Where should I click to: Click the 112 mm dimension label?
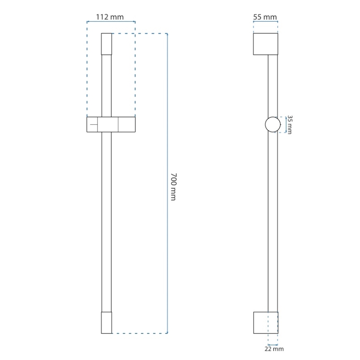pos(110,17)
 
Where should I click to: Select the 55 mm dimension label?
pos(265,17)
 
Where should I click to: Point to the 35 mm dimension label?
pos(289,124)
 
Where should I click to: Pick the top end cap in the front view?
pos(107,44)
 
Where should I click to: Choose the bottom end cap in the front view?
pos(107,322)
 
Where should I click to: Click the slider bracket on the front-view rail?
pos(111,124)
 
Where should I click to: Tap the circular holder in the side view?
pos(272,124)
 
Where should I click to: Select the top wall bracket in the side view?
pos(265,44)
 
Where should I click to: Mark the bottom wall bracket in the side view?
pos(265,322)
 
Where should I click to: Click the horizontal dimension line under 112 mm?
pos(111,22)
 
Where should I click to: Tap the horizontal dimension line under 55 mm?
pos(265,22)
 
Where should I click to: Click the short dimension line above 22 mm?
pos(273,344)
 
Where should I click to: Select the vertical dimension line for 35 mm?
pos(286,124)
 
